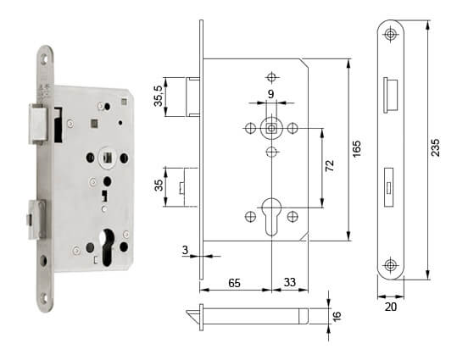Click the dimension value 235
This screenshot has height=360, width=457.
click(x=435, y=147)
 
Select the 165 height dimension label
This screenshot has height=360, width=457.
click(x=357, y=149)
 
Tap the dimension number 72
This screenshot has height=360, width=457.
click(x=330, y=165)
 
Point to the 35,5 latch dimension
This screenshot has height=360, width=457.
click(x=159, y=96)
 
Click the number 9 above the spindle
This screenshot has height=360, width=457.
click(x=270, y=94)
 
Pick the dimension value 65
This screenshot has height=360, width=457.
click(x=234, y=283)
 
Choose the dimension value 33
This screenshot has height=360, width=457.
click(x=290, y=282)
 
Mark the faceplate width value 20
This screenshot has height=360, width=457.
click(x=391, y=307)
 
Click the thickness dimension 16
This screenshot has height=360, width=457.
click(x=337, y=316)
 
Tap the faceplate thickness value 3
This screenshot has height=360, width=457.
click(x=185, y=250)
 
